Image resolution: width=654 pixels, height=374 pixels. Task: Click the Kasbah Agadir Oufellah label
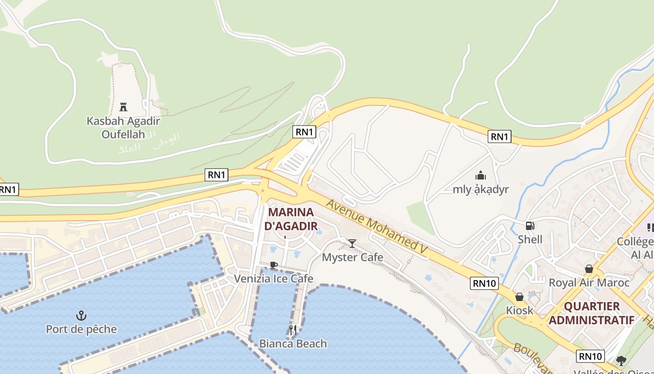123,128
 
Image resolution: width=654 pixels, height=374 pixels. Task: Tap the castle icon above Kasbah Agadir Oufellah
123,107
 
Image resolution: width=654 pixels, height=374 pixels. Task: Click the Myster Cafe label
353,257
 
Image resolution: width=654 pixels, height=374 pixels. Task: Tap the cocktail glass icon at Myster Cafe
352,243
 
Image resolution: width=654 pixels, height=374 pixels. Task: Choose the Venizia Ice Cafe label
273,279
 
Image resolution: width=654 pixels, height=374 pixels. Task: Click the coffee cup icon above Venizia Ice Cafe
274,265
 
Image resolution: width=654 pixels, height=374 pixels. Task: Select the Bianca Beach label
293,344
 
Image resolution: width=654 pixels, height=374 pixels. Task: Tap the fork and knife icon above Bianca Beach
293,330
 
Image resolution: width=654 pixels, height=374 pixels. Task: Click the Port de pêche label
81,329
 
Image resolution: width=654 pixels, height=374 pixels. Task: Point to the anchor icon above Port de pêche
81,315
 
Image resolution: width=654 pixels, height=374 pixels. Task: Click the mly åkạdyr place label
481,189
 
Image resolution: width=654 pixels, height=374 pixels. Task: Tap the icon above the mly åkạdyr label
481,176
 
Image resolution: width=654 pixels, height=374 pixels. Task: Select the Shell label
530,239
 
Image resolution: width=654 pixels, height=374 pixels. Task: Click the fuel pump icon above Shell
530,226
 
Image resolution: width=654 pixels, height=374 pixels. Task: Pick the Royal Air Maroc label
589,282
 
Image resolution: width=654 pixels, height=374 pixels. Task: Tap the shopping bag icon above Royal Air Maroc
589,269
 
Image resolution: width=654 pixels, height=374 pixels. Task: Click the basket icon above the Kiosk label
519,297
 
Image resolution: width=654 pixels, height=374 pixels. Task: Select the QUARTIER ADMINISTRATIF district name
591,313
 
